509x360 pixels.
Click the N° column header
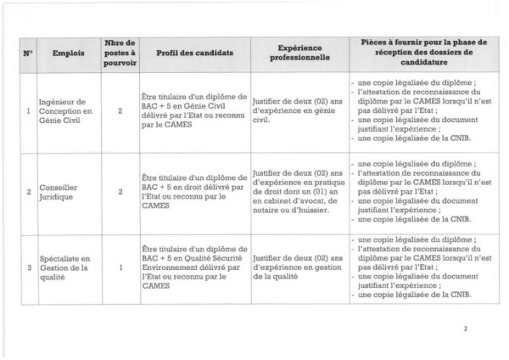click(29, 53)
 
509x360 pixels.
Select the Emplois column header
click(68, 53)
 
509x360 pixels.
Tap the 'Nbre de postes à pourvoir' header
click(120, 53)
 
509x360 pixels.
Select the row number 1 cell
click(29, 110)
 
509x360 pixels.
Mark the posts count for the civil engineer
click(120, 110)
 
